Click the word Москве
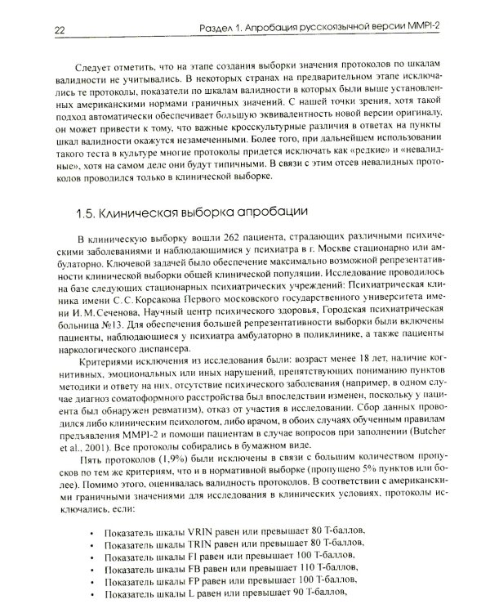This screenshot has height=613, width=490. tap(337, 264)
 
